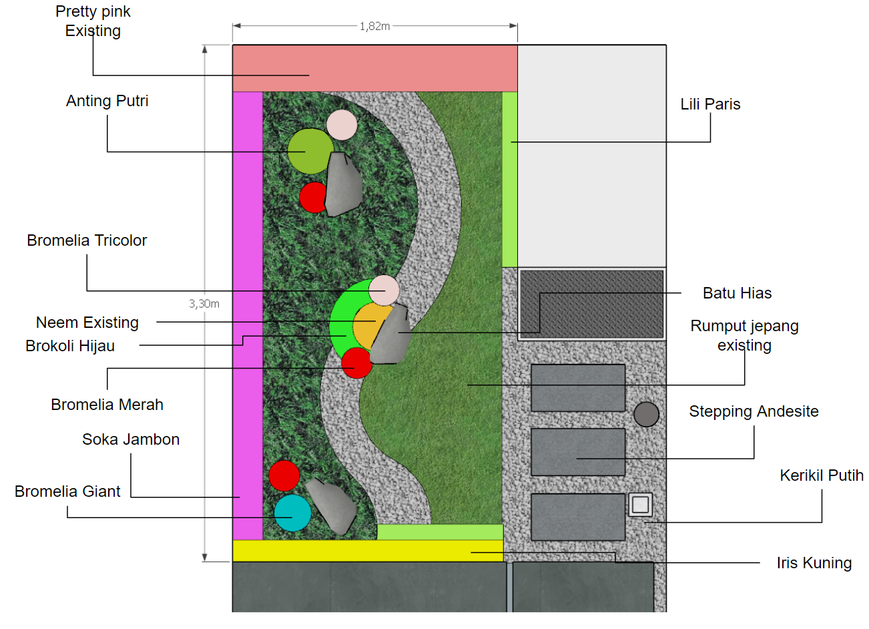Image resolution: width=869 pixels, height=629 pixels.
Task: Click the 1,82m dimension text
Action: point(374,26)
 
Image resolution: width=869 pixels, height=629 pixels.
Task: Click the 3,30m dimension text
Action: point(204,304)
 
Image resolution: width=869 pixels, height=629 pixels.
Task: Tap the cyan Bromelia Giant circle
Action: point(292,513)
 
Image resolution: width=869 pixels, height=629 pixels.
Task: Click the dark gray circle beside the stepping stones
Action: point(646,414)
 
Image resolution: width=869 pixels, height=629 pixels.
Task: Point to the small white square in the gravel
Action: point(640,504)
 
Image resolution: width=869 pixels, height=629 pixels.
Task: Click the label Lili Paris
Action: point(710,104)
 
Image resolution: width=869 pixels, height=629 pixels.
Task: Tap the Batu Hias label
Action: point(737,293)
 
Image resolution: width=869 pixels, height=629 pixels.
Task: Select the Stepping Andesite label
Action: point(754,411)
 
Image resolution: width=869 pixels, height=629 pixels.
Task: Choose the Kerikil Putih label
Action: point(822,475)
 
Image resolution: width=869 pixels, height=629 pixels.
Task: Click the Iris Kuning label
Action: point(814,563)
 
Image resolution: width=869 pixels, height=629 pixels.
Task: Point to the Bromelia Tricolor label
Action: point(87,240)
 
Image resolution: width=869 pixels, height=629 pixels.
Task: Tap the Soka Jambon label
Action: point(131,439)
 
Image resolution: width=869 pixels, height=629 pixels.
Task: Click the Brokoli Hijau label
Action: point(70,346)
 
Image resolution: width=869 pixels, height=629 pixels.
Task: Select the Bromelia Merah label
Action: point(107,405)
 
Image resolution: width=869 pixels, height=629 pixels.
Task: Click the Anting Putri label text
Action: point(107,101)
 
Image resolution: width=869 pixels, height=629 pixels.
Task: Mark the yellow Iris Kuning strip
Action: point(367,551)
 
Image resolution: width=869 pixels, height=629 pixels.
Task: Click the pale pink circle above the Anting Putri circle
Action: point(342,125)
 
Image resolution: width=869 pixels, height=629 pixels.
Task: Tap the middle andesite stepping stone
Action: point(578,452)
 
